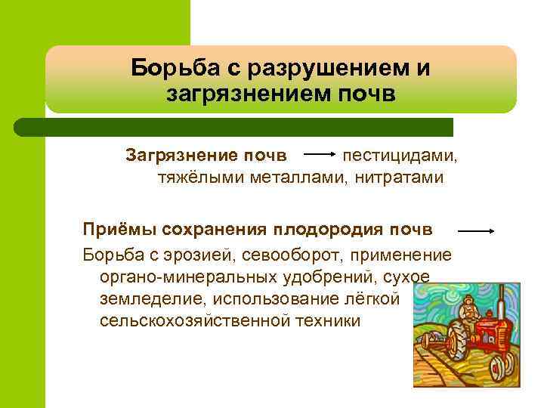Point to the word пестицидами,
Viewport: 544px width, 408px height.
coord(400,155)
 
